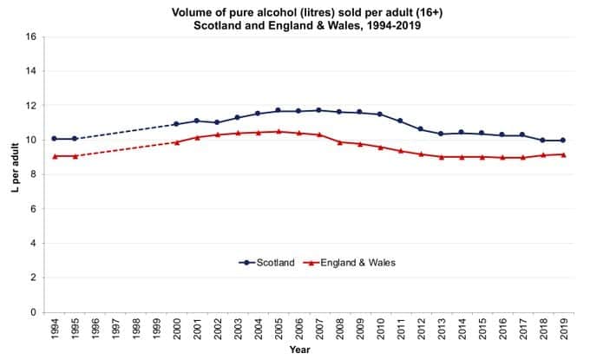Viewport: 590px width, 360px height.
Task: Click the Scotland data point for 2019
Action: coord(563,141)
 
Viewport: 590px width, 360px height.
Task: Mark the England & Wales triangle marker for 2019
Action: coord(563,154)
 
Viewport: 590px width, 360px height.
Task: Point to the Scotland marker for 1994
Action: coord(55,139)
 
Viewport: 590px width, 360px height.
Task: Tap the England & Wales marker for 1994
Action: coord(55,156)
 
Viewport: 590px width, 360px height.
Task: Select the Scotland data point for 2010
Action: coord(380,115)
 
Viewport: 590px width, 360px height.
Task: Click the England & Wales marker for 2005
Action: coord(279,132)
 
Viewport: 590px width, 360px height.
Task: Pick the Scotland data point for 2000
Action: coord(177,124)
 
